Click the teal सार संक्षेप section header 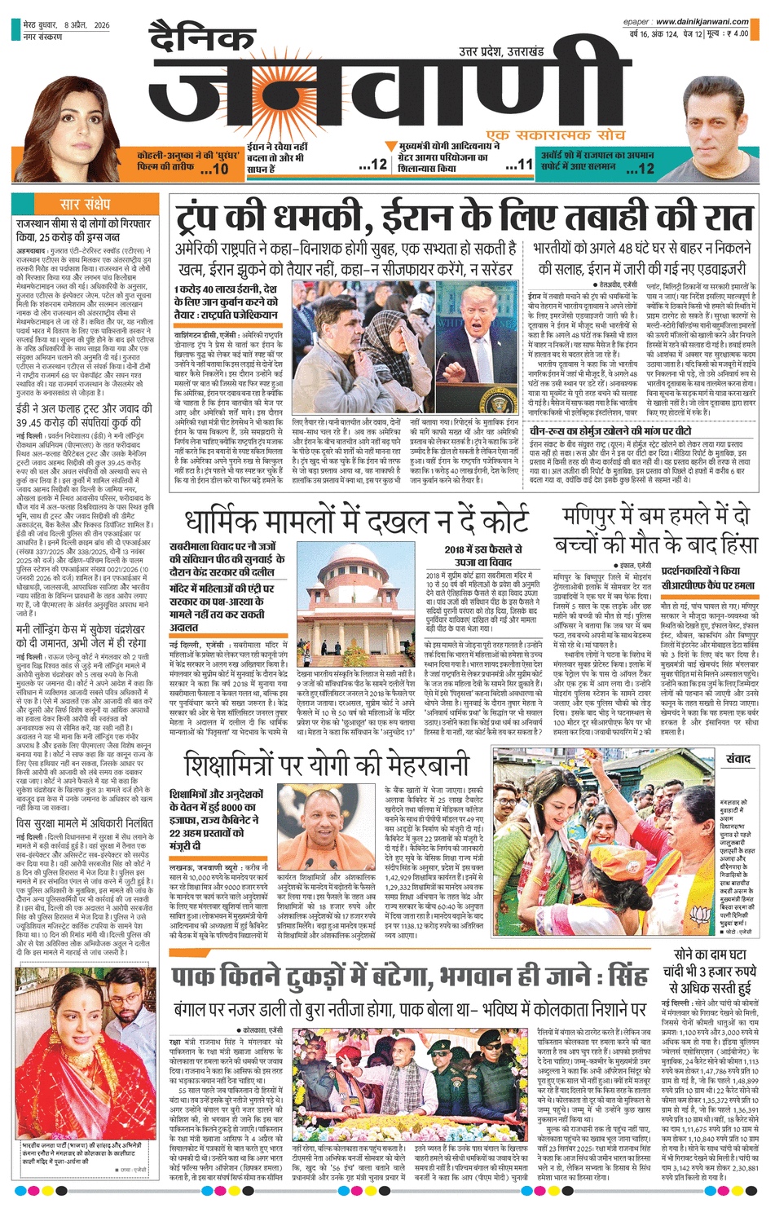85,205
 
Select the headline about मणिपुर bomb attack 656,528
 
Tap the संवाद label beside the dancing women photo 738,759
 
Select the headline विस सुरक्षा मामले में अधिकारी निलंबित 84,800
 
